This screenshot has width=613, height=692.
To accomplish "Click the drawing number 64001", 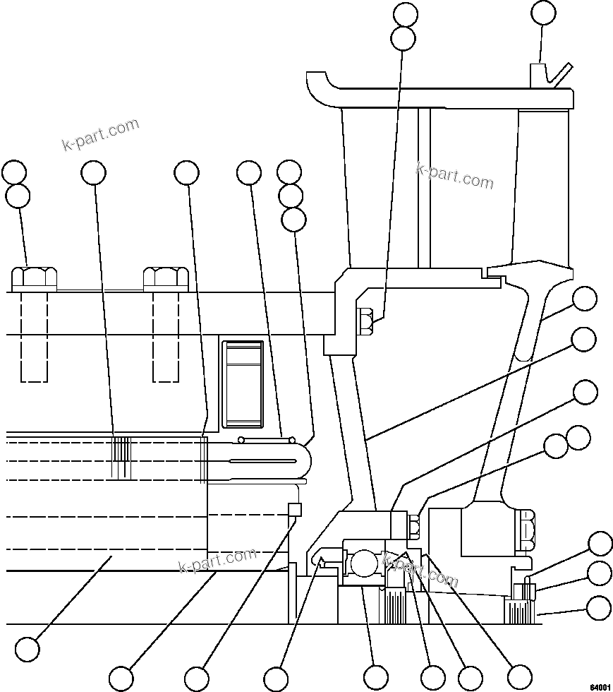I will coord(600,686).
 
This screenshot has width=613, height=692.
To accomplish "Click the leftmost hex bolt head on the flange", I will coord(34,278).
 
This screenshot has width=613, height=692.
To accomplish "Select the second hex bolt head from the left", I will coord(165,278).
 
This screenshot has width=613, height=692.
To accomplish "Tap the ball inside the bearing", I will coord(363,563).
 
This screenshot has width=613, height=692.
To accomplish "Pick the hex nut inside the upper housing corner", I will coord(366,321).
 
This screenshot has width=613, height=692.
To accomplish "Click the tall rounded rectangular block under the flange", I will coord(243,384).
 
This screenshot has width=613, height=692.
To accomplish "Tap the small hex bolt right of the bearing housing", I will coord(414,525).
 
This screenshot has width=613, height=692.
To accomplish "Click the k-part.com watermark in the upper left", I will coord(100,136).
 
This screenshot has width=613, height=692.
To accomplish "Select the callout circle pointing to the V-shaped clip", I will coord(543,12).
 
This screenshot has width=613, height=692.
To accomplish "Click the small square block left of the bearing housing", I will coord(295,510).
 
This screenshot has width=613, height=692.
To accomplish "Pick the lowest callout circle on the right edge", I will coord(599,607).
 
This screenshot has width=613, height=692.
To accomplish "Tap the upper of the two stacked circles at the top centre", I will coord(405,14).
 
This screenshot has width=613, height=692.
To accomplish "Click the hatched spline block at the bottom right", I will coord(520,609).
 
